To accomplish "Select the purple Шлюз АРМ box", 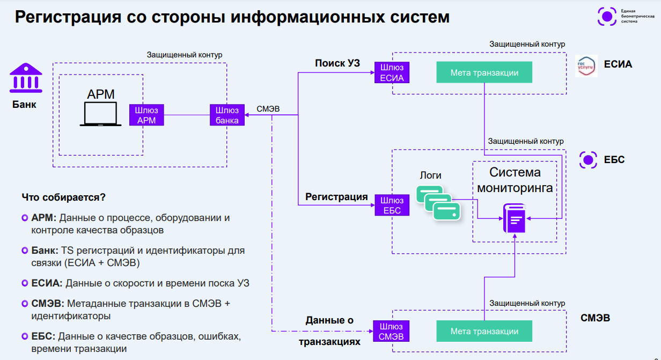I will click(146, 115).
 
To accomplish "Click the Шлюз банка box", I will click(227, 115).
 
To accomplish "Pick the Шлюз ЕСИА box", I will click(392, 72).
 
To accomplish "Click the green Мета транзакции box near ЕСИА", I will click(484, 72).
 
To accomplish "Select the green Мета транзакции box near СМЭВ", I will click(484, 332).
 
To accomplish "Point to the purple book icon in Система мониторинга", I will click(514, 218).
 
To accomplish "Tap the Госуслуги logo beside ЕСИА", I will click(586, 65).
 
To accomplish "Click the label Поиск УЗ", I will click(337, 64).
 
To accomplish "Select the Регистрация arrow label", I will click(336, 197).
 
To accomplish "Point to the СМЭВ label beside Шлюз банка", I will click(268, 109).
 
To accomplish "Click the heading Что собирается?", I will click(64, 197).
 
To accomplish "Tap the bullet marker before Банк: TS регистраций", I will click(25, 251).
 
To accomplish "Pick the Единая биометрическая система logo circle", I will click(607, 16).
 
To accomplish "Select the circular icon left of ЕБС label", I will click(589, 160).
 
